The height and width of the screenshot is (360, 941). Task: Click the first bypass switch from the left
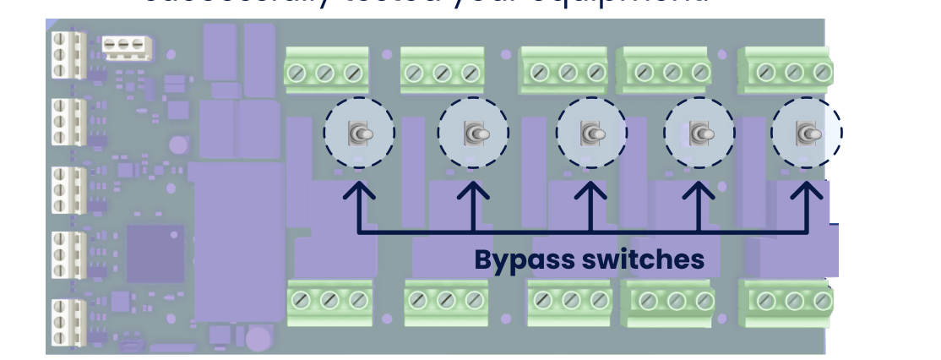pos(360,133)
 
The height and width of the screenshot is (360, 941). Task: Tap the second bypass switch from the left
pos(474,133)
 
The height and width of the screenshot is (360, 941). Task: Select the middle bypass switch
pos(591,133)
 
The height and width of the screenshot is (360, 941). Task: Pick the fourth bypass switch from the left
pos(699,133)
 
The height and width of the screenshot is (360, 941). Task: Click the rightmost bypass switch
pos(807,133)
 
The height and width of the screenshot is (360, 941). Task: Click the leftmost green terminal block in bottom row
pos(330,301)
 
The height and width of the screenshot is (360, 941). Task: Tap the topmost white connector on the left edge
pos(64,54)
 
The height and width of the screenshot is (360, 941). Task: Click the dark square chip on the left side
pos(155,253)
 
